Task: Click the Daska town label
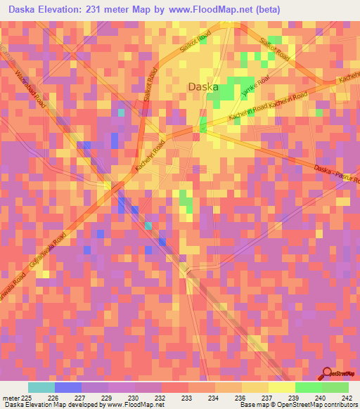coord(203,87)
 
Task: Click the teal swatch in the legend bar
coord(41,387)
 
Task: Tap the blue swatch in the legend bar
coord(68,387)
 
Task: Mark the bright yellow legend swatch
coord(281,387)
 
